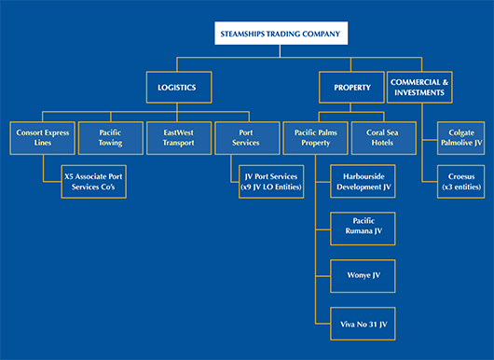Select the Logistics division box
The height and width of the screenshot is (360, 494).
(177, 88)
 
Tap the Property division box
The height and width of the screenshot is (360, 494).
(351, 88)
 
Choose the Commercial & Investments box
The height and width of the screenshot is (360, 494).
(419, 88)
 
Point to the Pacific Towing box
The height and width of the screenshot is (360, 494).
(110, 139)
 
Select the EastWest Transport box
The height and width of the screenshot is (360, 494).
(179, 139)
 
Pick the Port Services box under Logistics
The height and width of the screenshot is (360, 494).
(246, 139)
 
